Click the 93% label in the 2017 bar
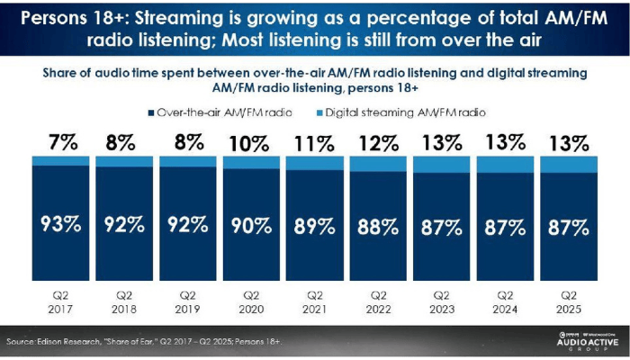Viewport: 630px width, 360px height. click(60, 225)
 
